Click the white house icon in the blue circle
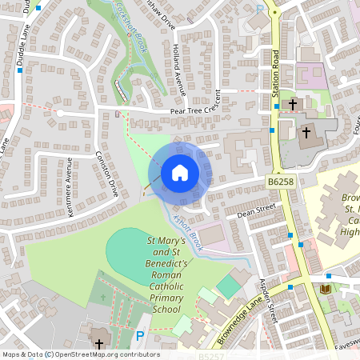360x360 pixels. coord(179,172)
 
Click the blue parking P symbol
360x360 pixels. coord(141,337)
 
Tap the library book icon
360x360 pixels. coord(324,288)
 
